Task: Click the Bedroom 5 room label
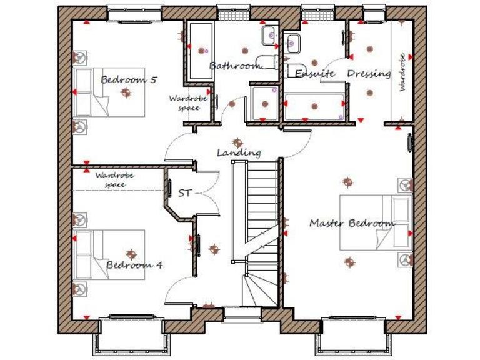click(129, 79)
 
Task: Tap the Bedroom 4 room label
click(134, 264)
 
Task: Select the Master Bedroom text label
click(352, 223)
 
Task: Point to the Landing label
click(239, 152)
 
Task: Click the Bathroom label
click(234, 66)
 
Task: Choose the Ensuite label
click(316, 74)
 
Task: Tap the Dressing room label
click(369, 74)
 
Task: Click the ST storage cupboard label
click(184, 193)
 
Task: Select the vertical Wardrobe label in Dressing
click(402, 72)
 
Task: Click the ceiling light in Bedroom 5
click(127, 92)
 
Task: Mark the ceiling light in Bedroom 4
click(131, 254)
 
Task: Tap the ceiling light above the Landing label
click(236, 142)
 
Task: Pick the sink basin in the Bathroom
click(269, 36)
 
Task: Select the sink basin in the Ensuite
click(292, 42)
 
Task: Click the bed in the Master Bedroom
click(375, 222)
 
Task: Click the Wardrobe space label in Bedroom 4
click(115, 180)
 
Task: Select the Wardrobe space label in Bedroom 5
click(184, 103)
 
